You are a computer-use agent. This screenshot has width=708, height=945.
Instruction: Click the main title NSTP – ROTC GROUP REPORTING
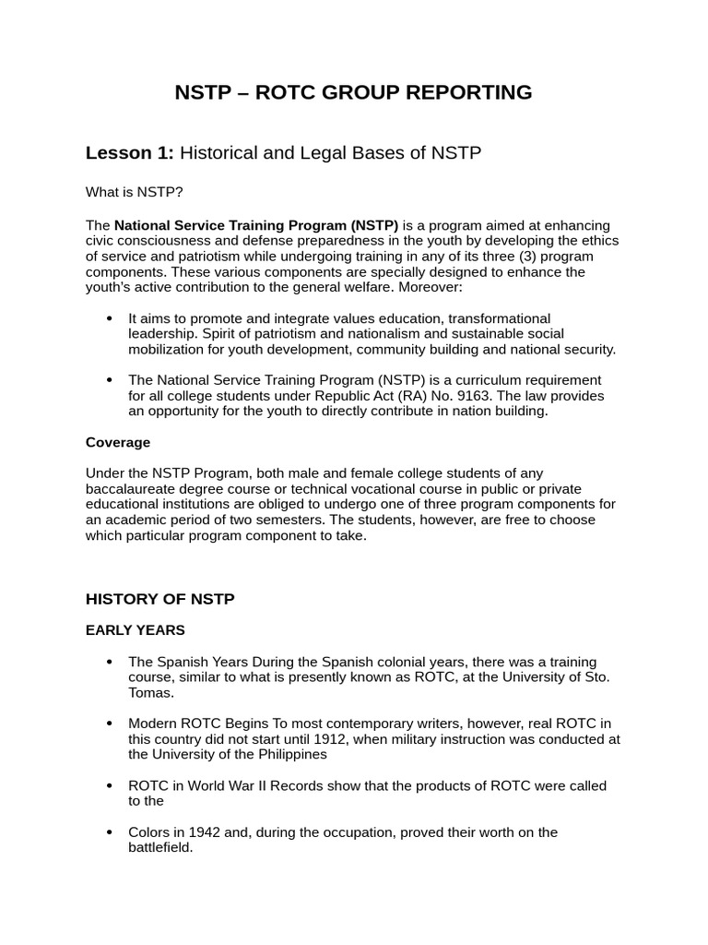point(353,92)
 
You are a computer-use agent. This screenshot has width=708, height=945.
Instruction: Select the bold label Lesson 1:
point(129,153)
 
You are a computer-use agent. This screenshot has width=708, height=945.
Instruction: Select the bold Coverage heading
point(117,442)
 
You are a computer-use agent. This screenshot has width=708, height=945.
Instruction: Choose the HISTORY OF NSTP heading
point(159,599)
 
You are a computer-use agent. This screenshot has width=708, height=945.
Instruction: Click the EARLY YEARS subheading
point(135,630)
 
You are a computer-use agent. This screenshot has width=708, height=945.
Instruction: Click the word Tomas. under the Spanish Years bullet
point(150,692)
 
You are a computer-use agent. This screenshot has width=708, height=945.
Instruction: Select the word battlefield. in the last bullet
point(160,847)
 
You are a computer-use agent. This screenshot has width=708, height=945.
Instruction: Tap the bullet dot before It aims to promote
point(109,318)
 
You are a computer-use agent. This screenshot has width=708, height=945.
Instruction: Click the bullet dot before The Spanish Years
point(109,662)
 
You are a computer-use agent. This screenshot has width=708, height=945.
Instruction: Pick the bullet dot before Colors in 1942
point(109,832)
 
